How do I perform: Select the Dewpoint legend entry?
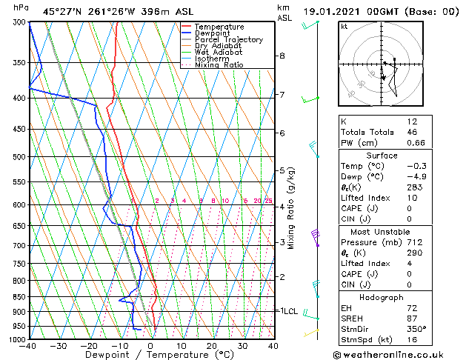[x=213, y=33]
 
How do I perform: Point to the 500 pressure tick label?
[x=20, y=157]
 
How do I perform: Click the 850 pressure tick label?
[x=20, y=297]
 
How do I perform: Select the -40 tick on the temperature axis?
[x=29, y=346]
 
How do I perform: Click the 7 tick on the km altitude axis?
[x=282, y=95]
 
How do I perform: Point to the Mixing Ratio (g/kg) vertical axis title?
[x=291, y=208]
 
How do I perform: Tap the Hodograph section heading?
[x=382, y=297]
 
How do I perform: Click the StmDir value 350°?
[x=418, y=329]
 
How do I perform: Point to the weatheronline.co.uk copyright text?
[x=398, y=354]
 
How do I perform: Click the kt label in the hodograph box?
[x=344, y=26]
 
